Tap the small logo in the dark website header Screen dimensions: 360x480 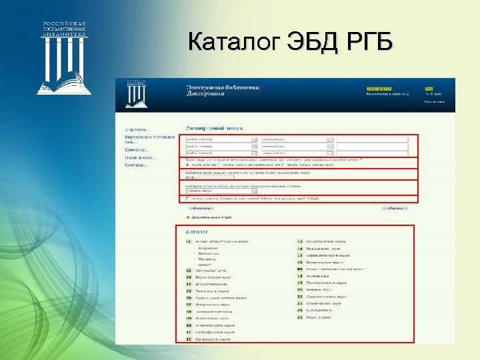click(x=136, y=94)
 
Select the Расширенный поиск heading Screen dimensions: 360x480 click(x=214, y=127)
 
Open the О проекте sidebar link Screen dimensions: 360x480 click(x=137, y=128)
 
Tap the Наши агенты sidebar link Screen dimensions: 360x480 click(x=141, y=157)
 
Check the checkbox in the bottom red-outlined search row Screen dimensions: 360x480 click(x=187, y=198)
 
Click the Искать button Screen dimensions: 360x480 click(x=395, y=208)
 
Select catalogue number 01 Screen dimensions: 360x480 click(x=189, y=241)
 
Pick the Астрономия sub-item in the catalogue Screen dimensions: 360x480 click(x=209, y=247)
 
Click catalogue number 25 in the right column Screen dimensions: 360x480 click(x=300, y=317)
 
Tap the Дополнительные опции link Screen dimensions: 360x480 click(x=213, y=217)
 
